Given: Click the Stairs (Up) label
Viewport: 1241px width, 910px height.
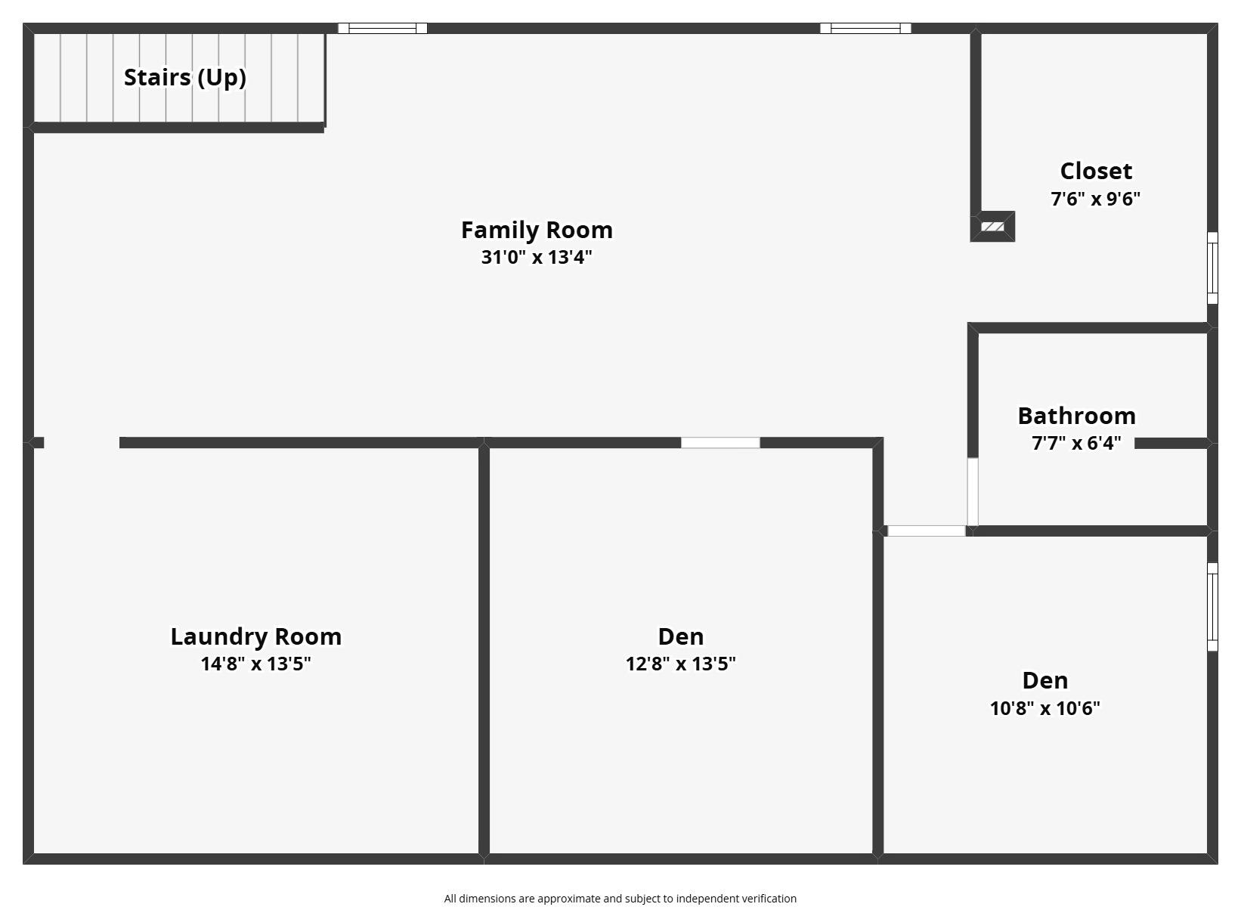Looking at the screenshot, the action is click(184, 77).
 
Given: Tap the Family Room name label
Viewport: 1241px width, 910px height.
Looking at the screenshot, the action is click(537, 230).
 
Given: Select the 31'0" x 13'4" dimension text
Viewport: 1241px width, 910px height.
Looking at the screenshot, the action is click(537, 257).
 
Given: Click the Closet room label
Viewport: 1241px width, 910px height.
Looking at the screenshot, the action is click(1095, 171).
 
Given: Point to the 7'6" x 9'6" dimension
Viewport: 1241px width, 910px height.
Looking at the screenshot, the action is click(1095, 199).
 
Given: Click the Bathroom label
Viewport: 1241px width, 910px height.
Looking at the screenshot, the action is click(1076, 416).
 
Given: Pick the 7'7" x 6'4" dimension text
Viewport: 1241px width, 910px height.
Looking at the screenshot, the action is click(1076, 443).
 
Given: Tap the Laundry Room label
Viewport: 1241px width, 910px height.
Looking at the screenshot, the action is click(255, 636).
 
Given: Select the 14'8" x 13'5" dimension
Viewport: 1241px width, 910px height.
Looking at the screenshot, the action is click(255, 664).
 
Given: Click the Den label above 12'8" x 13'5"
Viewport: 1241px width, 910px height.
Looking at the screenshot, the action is click(680, 636).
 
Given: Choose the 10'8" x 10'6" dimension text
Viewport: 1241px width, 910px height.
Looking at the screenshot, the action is click(1044, 708).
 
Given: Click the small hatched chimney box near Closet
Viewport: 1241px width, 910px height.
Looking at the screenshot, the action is click(992, 227).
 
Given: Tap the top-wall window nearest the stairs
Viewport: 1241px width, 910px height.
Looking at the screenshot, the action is click(382, 29).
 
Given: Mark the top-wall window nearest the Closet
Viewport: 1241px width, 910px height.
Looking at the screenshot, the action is click(865, 29).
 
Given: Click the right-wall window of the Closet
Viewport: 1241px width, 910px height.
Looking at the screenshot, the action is click(1212, 268).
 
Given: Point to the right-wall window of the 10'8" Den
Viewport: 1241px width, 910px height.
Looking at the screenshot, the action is click(1212, 606).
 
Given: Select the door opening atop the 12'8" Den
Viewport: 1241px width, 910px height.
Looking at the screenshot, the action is click(720, 443).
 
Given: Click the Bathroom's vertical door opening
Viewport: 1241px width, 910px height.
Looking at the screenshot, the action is click(973, 491).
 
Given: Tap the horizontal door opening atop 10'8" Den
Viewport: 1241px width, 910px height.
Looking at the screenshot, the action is click(926, 531).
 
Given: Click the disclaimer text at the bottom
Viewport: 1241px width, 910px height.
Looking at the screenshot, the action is click(620, 899).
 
